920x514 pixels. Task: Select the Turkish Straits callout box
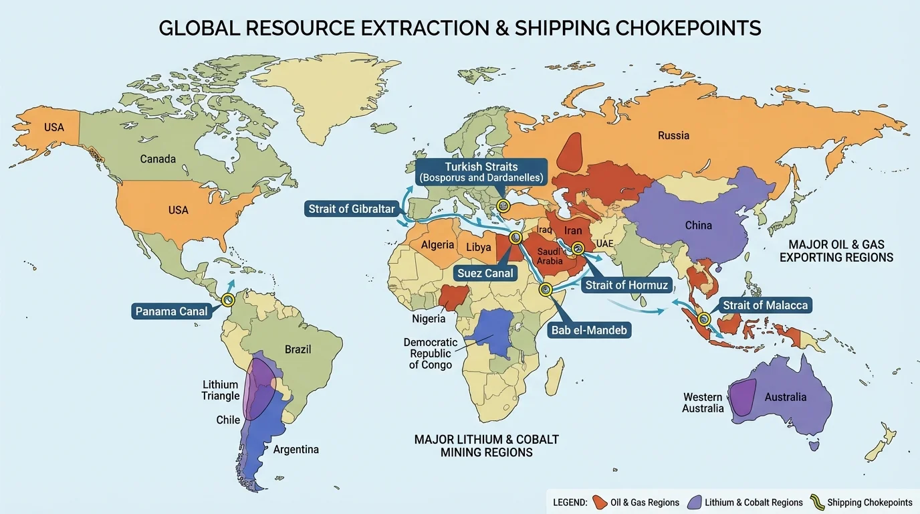(x=480, y=172)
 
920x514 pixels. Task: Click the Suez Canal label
(x=485, y=273)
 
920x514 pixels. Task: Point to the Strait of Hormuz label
(x=626, y=286)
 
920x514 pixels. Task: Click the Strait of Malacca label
(x=765, y=306)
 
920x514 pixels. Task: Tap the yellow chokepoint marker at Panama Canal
(x=228, y=300)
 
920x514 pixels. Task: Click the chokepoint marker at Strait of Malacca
(x=704, y=319)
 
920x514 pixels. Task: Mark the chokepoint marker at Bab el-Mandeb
(x=546, y=290)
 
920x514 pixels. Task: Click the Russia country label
(x=673, y=135)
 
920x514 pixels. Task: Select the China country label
(x=698, y=226)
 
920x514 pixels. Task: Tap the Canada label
(x=158, y=159)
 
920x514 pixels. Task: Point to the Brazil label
(x=298, y=349)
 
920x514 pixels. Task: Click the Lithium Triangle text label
(x=221, y=390)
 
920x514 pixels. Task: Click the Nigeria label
(x=429, y=319)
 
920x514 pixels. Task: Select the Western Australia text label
(x=702, y=403)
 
